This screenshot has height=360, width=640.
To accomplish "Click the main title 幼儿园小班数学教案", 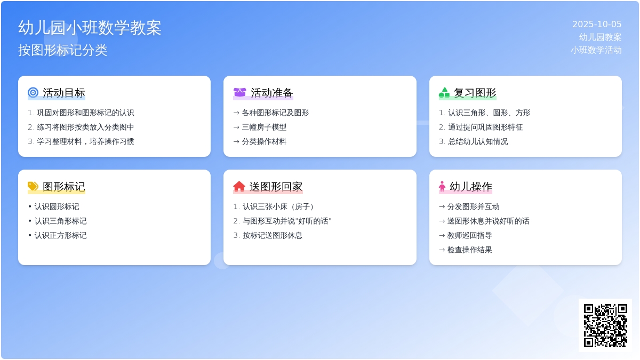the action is pyautogui.click(x=90, y=28).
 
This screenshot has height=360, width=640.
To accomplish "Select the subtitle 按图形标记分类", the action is pyautogui.click(x=63, y=50).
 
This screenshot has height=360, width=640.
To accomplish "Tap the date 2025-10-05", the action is pyautogui.click(x=597, y=25).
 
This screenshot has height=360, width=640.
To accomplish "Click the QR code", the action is pyautogui.click(x=605, y=325).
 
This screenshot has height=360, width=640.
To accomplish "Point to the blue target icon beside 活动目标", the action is pyautogui.click(x=33, y=93).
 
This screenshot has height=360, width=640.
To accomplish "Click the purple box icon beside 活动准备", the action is pyautogui.click(x=239, y=93).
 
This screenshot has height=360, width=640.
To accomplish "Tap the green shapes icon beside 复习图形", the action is pyautogui.click(x=444, y=93).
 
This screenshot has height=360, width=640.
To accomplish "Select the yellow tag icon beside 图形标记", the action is pyautogui.click(x=33, y=186).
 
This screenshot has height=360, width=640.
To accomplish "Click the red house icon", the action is pyautogui.click(x=239, y=186).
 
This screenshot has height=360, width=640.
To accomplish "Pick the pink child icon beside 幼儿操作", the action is pyautogui.click(x=442, y=186).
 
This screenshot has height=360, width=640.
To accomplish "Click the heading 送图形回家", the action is pyautogui.click(x=276, y=187).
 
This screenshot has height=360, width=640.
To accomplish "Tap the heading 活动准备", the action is pyautogui.click(x=272, y=93).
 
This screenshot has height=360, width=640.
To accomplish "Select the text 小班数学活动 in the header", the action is pyautogui.click(x=596, y=50).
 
